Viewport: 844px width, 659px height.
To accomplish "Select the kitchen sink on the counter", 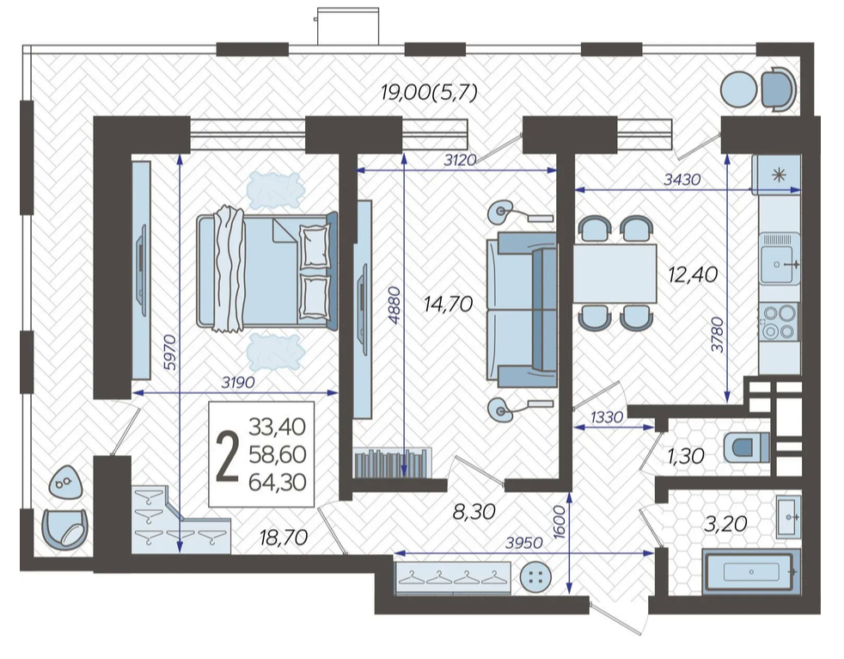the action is tap(779, 258).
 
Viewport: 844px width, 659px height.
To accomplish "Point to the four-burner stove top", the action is tap(779, 321).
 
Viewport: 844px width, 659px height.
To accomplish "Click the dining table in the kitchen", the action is tap(615, 274).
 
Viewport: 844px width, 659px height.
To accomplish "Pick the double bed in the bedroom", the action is tap(267, 269).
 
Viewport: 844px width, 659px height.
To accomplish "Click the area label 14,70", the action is tap(449, 305).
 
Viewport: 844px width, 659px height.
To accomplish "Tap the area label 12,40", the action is tap(693, 274).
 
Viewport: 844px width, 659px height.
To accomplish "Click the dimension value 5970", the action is tap(170, 352).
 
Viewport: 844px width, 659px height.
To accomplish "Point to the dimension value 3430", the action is tap(682, 180).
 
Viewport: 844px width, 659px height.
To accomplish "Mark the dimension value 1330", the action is tap(607, 416).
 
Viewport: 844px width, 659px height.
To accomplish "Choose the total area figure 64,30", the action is tap(278, 482).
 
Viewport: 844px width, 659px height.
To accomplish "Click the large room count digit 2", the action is tap(227, 459).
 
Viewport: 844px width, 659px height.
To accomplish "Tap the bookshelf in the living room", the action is tap(392, 463).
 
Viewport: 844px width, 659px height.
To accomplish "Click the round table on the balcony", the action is tap(738, 89).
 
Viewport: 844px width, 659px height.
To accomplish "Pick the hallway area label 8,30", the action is tap(474, 511).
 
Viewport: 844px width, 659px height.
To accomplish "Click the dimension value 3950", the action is tap(524, 543).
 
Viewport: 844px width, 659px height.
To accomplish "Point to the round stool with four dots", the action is tap(536, 578).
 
